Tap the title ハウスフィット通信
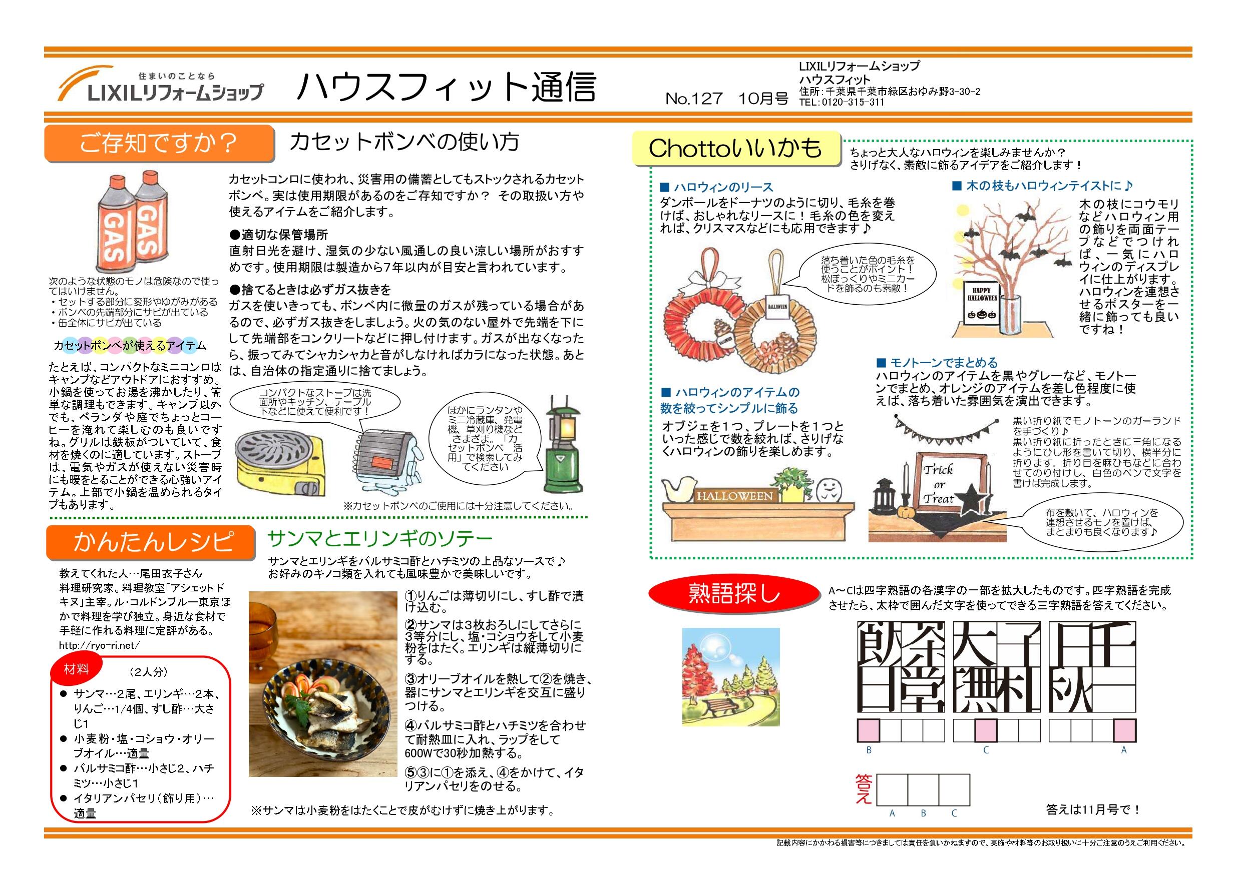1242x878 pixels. click(x=446, y=87)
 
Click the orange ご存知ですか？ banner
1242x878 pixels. click(x=159, y=143)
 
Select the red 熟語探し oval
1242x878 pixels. click(x=734, y=593)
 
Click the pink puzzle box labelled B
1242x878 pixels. click(x=869, y=730)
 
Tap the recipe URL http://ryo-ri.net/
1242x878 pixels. click(x=100, y=645)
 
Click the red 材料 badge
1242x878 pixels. click(x=76, y=670)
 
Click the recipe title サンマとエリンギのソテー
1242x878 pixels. click(x=380, y=538)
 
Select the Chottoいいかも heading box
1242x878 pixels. click(x=736, y=149)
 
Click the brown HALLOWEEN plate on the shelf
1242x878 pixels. click(x=734, y=496)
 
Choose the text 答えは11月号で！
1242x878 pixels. click(x=1093, y=809)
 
